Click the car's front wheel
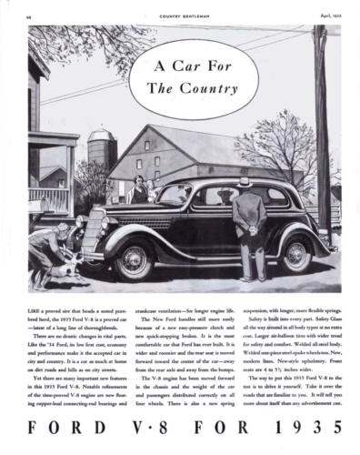(133, 260)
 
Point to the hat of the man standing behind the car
(244, 182)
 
